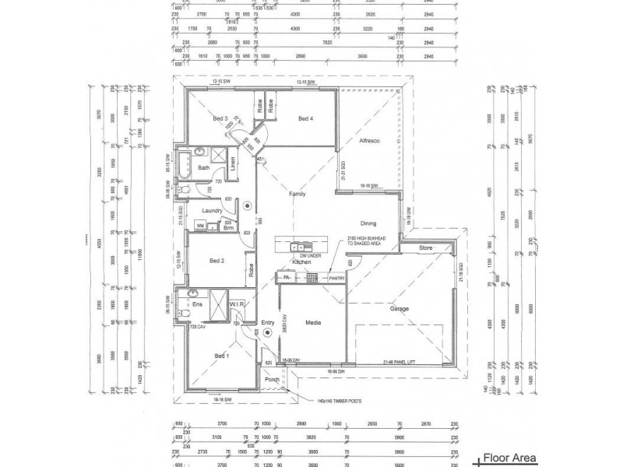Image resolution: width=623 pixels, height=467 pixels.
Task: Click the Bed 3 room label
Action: [x=220, y=118]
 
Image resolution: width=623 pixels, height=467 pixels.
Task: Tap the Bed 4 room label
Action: [x=305, y=118]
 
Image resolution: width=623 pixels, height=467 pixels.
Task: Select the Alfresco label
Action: [x=368, y=141]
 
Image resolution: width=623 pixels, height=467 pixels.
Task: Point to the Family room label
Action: [x=297, y=193]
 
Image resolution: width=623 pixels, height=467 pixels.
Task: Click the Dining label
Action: [x=368, y=223]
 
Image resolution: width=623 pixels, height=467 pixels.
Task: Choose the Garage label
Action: [x=399, y=308]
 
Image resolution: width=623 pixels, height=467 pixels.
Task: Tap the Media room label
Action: [x=313, y=321]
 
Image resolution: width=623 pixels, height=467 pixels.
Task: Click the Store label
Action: [x=424, y=249]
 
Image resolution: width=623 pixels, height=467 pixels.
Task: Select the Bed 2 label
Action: [x=216, y=262]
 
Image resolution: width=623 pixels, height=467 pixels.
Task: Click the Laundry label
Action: [x=213, y=211]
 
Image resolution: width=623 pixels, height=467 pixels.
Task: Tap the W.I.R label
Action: [x=238, y=304]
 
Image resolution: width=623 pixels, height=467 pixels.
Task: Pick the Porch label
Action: [x=273, y=381]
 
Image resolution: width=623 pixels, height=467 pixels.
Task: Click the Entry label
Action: [x=268, y=322]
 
